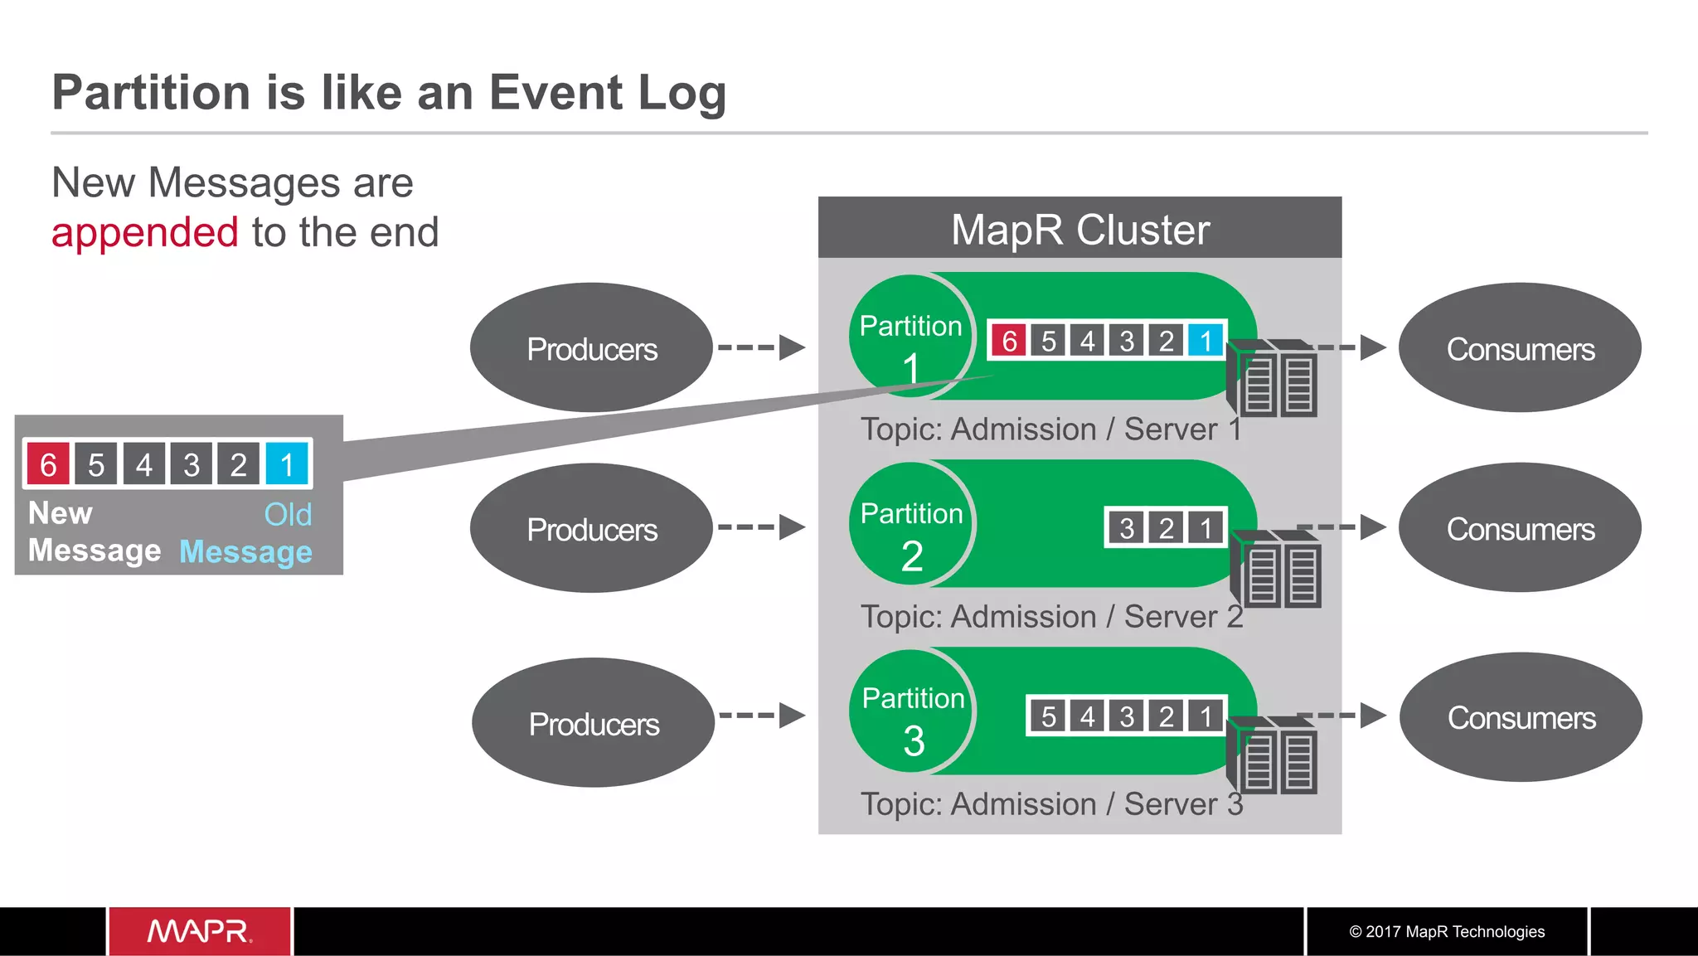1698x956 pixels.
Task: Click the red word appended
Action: [x=145, y=233]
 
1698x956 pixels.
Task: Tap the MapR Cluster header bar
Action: [x=1079, y=229]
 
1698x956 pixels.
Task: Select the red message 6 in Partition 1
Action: [x=1009, y=341]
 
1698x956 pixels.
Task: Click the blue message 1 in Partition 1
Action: [x=1206, y=341]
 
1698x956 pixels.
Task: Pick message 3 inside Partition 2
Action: [x=1127, y=528]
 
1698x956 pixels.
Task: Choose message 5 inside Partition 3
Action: [x=1049, y=716]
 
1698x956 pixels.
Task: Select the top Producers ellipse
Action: [x=591, y=348]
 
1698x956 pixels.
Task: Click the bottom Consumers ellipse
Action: [x=1521, y=718]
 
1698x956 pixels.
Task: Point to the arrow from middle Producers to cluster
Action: [x=761, y=527]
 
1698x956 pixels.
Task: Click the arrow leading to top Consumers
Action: [x=1351, y=347]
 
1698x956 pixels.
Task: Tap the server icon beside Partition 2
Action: [x=1277, y=570]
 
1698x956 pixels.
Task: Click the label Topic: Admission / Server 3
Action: [x=1051, y=804]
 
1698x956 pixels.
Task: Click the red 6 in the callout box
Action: [x=48, y=465]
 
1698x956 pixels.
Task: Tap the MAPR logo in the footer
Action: [x=199, y=931]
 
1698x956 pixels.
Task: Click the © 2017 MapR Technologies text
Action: [x=1447, y=932]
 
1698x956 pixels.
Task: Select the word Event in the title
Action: [x=555, y=92]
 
